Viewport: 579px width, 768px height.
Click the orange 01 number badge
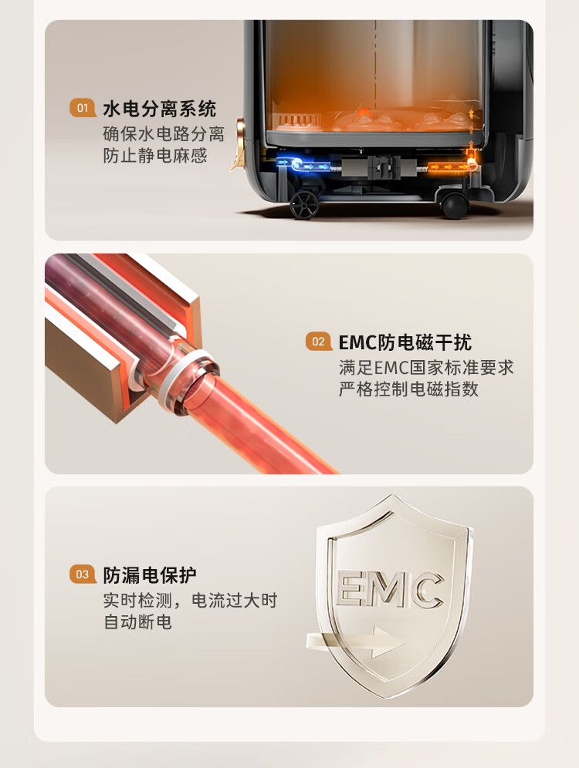tap(83, 108)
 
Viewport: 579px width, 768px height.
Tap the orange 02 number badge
tap(318, 342)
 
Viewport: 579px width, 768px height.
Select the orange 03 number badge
tap(83, 574)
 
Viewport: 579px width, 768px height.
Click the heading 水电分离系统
tap(159, 108)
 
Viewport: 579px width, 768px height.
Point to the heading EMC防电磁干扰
tap(405, 342)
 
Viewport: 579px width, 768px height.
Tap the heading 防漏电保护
tap(150, 574)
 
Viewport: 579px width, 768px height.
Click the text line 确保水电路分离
tap(164, 133)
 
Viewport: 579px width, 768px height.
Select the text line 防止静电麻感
tap(155, 155)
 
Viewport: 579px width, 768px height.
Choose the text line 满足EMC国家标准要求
tap(426, 367)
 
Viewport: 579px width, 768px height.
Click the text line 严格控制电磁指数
tap(408, 389)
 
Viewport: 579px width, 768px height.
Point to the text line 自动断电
tap(137, 622)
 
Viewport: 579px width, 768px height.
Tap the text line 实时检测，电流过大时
tap(190, 600)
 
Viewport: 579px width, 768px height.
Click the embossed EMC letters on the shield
tap(391, 589)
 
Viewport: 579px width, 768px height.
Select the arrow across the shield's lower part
tap(355, 641)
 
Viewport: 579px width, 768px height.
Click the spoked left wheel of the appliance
tap(304, 204)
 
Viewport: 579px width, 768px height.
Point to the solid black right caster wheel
tap(454, 205)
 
